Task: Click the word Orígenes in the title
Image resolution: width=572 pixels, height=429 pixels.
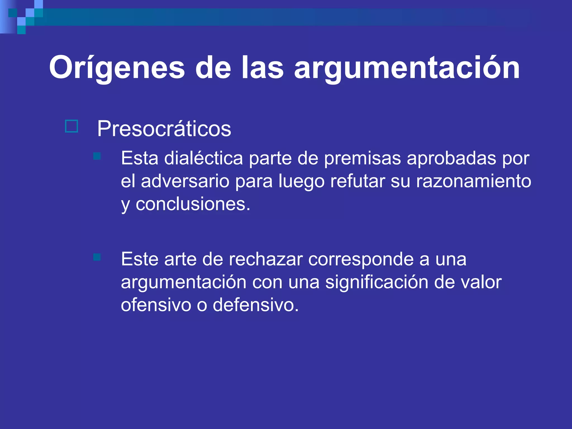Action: [x=117, y=68]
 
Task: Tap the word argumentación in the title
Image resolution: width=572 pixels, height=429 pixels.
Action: [x=407, y=68]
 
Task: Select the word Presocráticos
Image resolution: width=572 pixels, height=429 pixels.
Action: [x=164, y=129]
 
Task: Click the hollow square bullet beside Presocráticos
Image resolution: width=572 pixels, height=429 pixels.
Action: [x=71, y=126]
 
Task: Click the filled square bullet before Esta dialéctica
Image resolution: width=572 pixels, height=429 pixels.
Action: [x=97, y=156]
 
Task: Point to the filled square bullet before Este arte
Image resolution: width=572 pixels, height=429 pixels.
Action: [x=97, y=257]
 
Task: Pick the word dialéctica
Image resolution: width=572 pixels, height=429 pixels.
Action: [x=204, y=158]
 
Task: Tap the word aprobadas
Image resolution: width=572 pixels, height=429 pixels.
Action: [x=451, y=158]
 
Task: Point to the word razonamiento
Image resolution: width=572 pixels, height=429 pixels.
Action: [x=473, y=181]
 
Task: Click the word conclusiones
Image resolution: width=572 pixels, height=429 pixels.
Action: [x=193, y=204]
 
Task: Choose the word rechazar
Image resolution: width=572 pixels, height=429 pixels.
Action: [x=266, y=259]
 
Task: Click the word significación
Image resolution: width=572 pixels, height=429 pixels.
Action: [x=377, y=282]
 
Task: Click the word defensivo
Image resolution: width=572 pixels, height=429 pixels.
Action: [x=256, y=305]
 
